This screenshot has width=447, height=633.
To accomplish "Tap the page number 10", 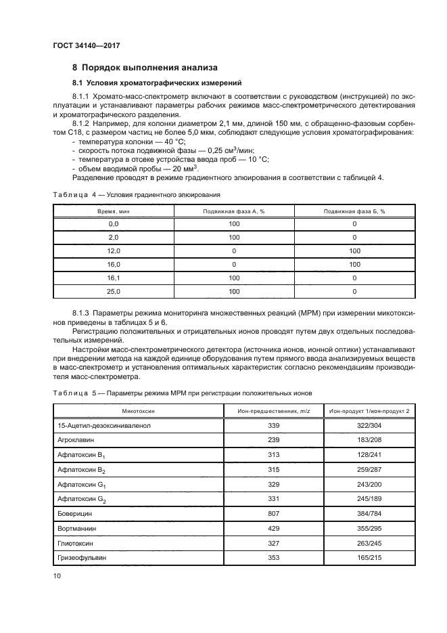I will point(57,575).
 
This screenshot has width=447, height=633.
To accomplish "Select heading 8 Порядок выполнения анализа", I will point(145,68).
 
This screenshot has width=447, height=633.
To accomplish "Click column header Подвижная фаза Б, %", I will point(354,211).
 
